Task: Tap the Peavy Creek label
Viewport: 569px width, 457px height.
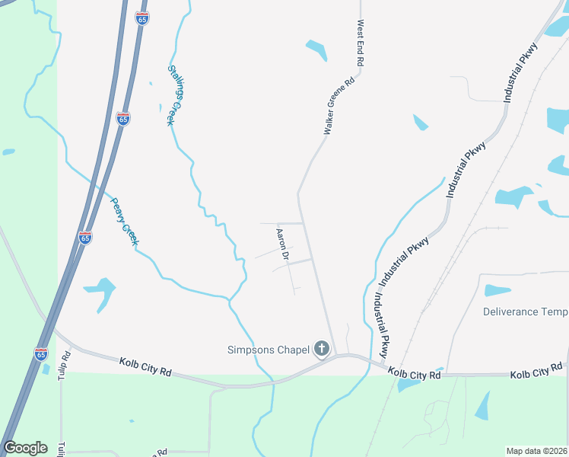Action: point(123,221)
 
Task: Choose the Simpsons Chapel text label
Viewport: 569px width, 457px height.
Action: point(269,350)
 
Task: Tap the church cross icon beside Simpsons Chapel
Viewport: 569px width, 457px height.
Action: point(322,350)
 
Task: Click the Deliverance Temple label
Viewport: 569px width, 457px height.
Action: point(526,312)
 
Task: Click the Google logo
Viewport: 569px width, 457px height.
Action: point(25,448)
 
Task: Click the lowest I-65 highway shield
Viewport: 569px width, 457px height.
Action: point(40,354)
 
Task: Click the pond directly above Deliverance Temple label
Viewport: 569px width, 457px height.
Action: point(497,290)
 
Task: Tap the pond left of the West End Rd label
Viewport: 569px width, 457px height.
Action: point(316,50)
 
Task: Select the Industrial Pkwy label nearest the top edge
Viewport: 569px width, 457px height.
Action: point(521,72)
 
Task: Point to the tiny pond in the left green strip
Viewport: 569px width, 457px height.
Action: point(8,152)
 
